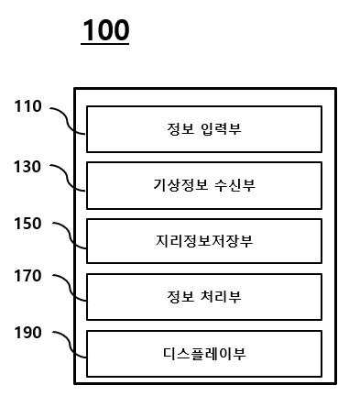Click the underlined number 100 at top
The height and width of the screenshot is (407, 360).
105,30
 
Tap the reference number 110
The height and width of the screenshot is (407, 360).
27,106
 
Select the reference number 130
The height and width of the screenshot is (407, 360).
27,167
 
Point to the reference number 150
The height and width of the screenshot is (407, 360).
27,224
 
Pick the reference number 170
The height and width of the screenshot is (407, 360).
27,276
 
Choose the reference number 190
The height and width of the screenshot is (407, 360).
27,333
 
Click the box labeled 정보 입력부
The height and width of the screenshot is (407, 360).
204,129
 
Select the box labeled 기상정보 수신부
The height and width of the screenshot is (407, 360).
204,185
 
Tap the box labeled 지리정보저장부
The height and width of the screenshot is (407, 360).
204,241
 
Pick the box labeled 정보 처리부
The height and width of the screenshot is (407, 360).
204,297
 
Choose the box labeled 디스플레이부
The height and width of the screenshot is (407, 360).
204,354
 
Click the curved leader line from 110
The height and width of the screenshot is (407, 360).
67,121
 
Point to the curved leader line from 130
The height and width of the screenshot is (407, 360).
68,178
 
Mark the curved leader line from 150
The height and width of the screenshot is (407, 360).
70,236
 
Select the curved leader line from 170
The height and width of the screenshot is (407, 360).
70,288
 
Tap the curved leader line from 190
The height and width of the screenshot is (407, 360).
70,345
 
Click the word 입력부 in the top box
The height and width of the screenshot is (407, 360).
222,129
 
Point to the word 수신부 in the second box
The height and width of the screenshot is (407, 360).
235,185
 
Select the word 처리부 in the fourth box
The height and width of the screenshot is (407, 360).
222,296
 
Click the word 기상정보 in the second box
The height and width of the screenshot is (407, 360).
180,185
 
